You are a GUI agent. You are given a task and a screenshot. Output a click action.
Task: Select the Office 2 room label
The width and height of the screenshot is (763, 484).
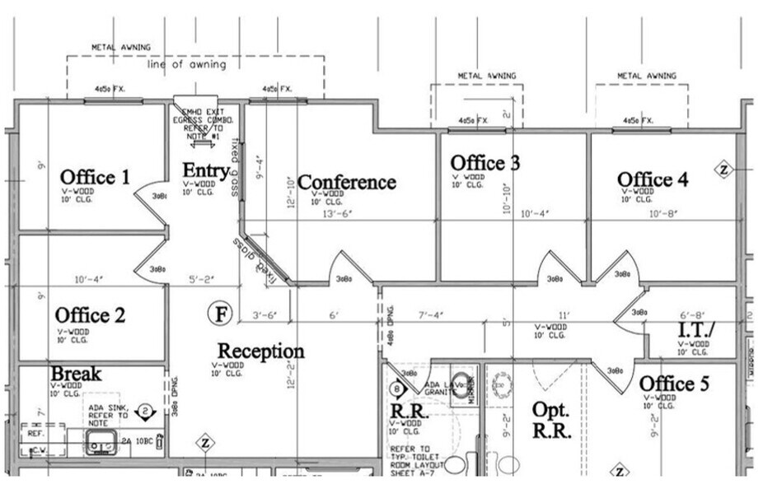[90, 315]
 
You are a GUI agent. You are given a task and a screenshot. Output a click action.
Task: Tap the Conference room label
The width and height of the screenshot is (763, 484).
[346, 182]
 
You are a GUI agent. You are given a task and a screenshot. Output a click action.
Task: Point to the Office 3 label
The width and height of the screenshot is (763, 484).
[484, 163]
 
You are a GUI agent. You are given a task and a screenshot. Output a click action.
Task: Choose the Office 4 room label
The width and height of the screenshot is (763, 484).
[653, 179]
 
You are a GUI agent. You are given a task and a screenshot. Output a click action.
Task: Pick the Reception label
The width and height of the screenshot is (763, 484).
[260, 351]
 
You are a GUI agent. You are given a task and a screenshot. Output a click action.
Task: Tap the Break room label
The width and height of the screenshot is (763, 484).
[76, 374]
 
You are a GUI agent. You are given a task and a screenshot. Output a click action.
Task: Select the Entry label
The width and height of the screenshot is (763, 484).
[205, 170]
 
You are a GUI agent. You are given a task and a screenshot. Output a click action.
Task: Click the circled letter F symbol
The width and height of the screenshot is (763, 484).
[220, 313]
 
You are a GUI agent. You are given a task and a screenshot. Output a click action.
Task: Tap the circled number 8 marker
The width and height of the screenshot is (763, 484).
[396, 389]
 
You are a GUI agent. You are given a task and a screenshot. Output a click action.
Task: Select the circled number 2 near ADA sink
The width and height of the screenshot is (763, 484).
[144, 410]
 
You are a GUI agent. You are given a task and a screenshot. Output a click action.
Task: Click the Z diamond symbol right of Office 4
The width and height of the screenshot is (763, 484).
[724, 170]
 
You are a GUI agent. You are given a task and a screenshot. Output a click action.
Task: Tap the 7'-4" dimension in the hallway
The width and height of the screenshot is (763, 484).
[430, 314]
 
